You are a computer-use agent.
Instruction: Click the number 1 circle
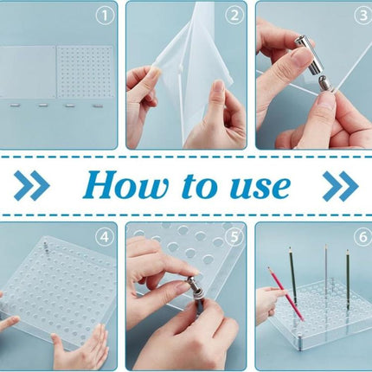click(105, 14)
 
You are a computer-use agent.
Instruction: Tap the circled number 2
click(234, 14)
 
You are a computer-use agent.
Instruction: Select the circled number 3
click(361, 14)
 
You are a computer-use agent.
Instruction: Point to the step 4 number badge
click(105, 235)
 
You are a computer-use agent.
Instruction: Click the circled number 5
click(234, 235)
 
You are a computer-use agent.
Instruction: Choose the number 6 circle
click(361, 235)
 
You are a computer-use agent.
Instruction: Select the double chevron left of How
click(32, 185)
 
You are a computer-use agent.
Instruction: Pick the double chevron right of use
click(340, 185)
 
